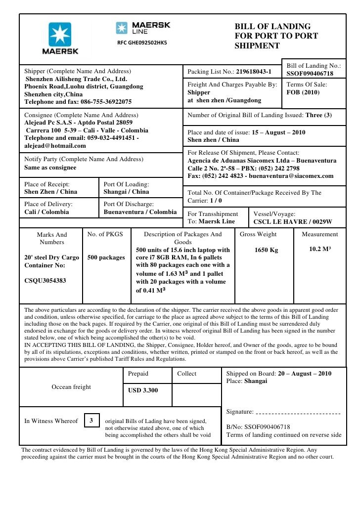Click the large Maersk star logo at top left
(x=59, y=34)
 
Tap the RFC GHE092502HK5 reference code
(x=142, y=42)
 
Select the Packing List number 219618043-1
(x=254, y=72)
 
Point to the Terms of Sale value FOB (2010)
(x=303, y=92)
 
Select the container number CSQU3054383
(x=45, y=280)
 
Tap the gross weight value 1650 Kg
(x=266, y=250)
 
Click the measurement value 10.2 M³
(x=320, y=249)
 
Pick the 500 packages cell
(x=106, y=257)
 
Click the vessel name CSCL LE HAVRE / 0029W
(x=293, y=222)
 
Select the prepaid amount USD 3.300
(x=143, y=390)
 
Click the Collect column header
(x=187, y=374)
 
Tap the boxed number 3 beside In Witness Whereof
(x=91, y=421)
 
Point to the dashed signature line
(x=299, y=412)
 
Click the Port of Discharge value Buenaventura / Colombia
(x=140, y=212)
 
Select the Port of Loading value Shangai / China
(x=126, y=192)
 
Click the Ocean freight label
(x=71, y=387)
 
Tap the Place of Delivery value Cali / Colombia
(x=46, y=212)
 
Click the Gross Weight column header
(x=258, y=234)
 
